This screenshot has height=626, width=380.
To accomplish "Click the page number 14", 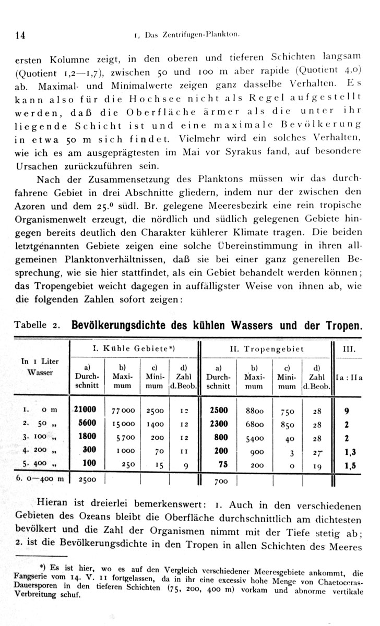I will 20,35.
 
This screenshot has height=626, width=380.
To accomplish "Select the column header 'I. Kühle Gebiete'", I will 133,347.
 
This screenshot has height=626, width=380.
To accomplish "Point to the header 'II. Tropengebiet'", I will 267,347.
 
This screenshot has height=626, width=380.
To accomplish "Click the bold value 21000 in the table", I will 86,410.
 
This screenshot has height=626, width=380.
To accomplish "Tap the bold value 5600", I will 87,424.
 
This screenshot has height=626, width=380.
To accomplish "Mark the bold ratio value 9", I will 347,411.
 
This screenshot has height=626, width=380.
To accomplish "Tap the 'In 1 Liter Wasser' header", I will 40,367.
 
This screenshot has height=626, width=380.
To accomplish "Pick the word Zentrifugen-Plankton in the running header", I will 201,35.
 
